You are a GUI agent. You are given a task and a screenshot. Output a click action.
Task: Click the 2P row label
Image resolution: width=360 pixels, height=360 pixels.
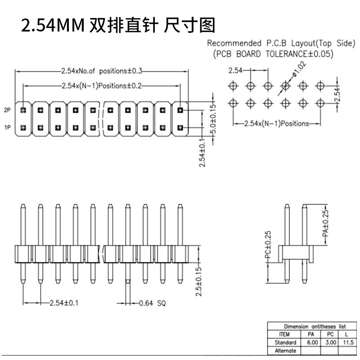pos(7,110)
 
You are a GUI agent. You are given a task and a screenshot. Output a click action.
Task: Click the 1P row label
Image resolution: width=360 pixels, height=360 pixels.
pos(7,127)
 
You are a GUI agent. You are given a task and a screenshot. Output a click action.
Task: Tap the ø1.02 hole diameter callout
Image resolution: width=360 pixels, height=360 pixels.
pos(299,69)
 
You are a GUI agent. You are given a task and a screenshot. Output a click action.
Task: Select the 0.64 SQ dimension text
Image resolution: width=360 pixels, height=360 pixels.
pos(153,303)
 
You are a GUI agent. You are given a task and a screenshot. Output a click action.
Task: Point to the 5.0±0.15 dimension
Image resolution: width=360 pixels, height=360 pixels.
pos(213,119)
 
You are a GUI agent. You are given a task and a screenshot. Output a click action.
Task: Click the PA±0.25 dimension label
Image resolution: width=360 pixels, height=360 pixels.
pos(325,223)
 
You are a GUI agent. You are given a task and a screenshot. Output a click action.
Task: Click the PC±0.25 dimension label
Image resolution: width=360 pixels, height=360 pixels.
pos(268,245)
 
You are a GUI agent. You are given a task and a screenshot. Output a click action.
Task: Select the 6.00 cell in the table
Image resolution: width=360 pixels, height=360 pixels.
pos(312,342)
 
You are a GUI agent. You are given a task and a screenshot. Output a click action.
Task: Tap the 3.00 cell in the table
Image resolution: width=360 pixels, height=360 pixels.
pos(331,342)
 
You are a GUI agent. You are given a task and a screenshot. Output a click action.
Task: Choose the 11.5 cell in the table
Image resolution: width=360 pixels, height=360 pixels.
pos(348,342)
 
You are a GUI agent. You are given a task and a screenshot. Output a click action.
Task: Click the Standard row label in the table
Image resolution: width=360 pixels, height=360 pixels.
pos(285,342)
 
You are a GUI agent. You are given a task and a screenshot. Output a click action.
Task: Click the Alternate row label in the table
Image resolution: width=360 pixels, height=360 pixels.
pos(285,351)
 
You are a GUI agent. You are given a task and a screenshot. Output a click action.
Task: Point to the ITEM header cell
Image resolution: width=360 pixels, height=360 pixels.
pos(284,334)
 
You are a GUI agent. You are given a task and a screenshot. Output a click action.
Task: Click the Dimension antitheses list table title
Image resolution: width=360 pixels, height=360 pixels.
pos(315,326)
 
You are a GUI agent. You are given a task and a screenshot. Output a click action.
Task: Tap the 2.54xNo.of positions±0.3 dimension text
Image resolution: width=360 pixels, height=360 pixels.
pos(102,71)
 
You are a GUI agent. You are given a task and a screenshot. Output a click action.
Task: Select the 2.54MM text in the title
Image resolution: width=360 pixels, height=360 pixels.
pos(53,25)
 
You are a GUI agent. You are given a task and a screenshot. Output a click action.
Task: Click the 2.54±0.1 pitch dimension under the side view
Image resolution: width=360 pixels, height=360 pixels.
pos(64,303)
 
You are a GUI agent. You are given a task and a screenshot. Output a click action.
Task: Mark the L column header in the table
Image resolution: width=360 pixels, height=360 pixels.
pos(346,334)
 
